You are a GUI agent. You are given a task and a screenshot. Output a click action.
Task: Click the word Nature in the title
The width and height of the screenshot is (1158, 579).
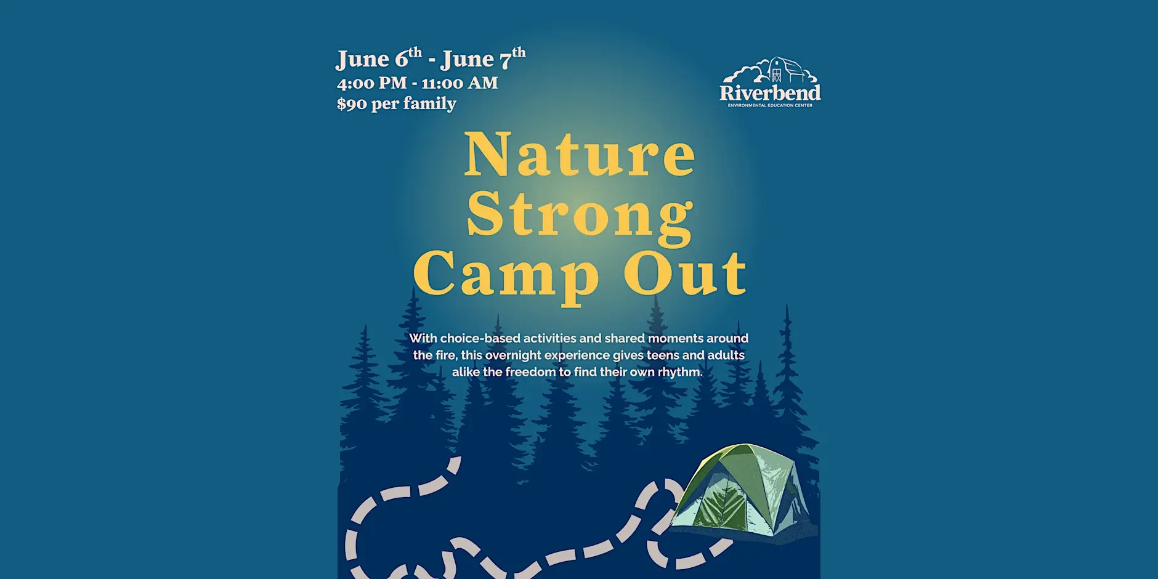[x=580, y=154]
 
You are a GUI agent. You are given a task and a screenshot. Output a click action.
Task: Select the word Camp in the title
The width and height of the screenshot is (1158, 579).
[x=506, y=275]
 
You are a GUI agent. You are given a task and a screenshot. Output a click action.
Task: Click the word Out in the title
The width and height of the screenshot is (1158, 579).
[x=685, y=273]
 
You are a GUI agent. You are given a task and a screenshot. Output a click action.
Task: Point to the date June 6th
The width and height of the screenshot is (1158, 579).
[x=379, y=58]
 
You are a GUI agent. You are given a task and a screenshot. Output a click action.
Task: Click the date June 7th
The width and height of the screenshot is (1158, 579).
[x=484, y=58]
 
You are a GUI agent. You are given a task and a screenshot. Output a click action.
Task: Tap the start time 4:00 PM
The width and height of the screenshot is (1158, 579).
[x=372, y=83]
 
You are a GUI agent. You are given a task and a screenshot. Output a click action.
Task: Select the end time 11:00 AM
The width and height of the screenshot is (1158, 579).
[x=460, y=83]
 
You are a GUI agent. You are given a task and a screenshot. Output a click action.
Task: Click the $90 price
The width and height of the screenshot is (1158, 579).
[x=352, y=103]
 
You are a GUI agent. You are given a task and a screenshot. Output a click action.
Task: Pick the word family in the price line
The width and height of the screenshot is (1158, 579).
[x=430, y=103]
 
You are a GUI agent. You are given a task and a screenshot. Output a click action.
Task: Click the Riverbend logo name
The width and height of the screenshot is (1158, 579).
[x=770, y=92]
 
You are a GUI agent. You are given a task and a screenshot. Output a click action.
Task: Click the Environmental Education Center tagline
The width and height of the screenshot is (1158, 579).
[x=770, y=105]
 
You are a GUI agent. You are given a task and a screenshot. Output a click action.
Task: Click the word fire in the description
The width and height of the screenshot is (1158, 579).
[x=444, y=355]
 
